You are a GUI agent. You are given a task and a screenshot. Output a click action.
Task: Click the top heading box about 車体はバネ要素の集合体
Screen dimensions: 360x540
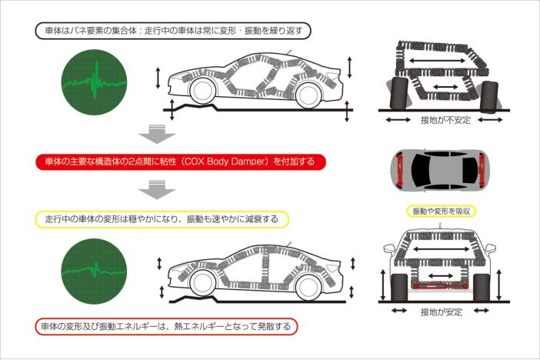click(x=175, y=32)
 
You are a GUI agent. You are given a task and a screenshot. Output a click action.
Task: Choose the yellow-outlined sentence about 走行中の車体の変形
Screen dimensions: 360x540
click(x=161, y=219)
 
